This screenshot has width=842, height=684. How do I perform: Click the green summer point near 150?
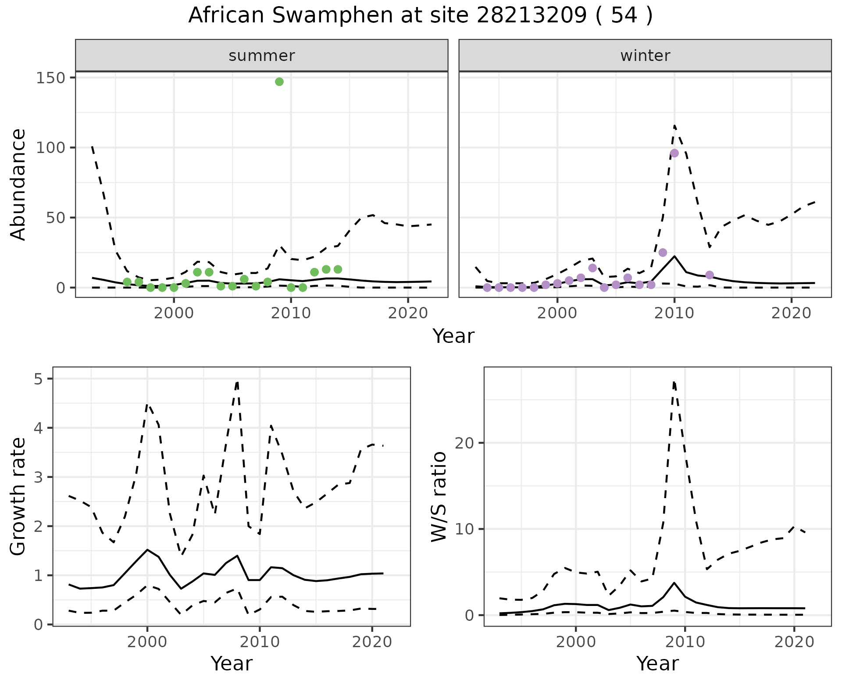(x=279, y=82)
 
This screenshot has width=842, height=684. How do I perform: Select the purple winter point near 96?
(x=674, y=153)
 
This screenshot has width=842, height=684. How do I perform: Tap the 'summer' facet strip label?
(x=262, y=56)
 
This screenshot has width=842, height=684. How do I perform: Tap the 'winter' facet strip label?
(x=645, y=56)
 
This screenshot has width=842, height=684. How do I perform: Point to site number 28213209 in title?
(x=531, y=16)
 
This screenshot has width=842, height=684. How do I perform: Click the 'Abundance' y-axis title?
(x=18, y=184)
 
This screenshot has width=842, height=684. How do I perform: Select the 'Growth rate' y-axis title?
(x=18, y=497)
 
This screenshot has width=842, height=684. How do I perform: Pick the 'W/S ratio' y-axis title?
(x=439, y=497)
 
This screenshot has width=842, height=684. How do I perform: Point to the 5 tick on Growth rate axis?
(x=41, y=379)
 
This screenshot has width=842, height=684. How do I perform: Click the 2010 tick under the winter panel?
(x=674, y=313)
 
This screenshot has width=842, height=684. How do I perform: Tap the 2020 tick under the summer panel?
(x=408, y=313)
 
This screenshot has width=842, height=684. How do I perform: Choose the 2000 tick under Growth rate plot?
(x=147, y=642)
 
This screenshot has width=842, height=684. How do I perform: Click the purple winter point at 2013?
(x=710, y=275)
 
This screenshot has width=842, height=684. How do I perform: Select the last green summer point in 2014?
(x=338, y=269)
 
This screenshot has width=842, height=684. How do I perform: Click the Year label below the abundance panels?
(x=453, y=336)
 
